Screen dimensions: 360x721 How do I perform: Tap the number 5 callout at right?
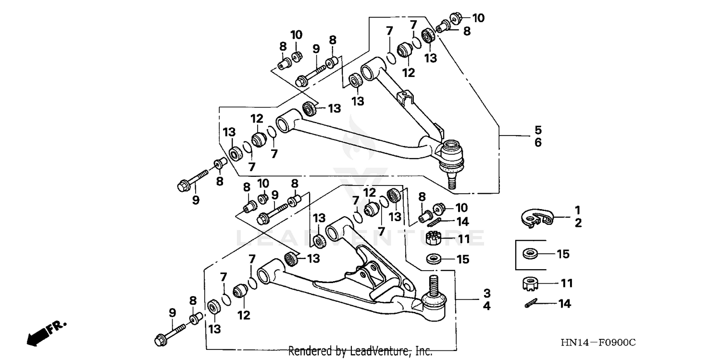[538, 130]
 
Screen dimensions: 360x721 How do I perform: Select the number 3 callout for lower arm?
[486, 293]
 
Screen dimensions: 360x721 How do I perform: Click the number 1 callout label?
[578, 210]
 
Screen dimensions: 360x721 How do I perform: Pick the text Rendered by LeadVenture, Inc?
[360, 351]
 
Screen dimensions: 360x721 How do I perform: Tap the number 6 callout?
[538, 143]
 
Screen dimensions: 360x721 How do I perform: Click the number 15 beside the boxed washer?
[563, 253]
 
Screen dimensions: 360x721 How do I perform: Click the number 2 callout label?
[578, 223]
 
